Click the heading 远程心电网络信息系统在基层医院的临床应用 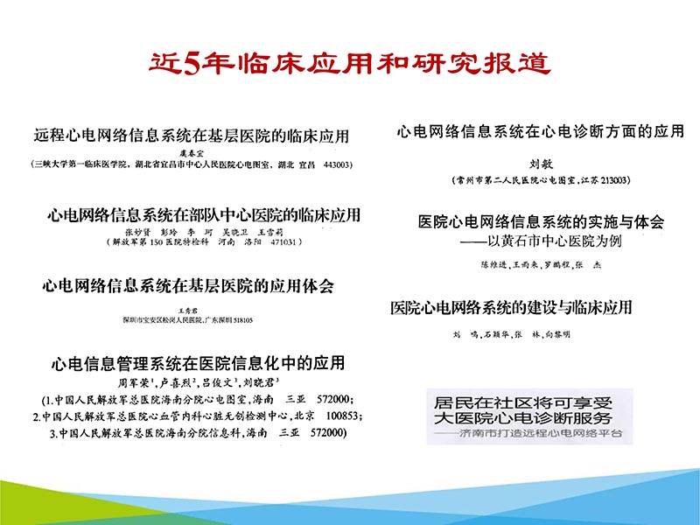click(192, 136)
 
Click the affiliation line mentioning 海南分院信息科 click(197, 433)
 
